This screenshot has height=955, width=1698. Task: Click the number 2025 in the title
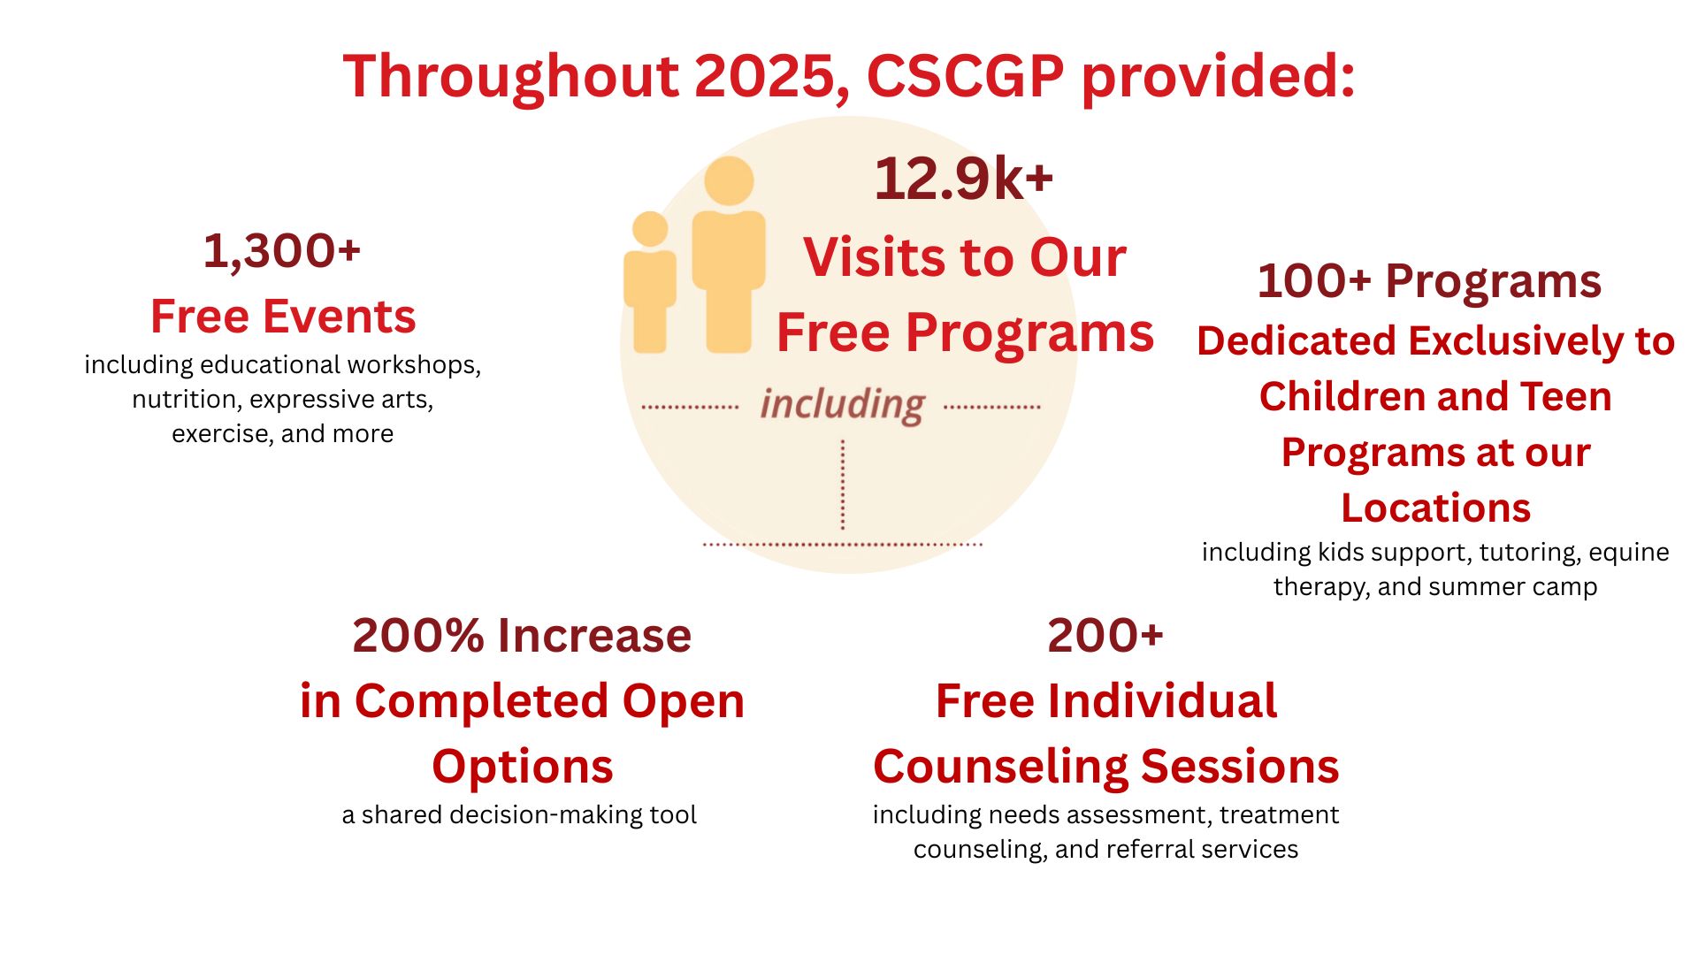coord(766,76)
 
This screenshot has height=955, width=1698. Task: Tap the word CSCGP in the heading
coord(965,76)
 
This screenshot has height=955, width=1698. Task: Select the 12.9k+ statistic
coord(963,179)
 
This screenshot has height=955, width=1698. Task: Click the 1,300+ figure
coord(282,251)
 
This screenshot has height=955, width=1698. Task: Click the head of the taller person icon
coord(729,181)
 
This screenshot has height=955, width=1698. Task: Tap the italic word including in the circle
coord(842,405)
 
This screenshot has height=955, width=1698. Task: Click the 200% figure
coord(418,636)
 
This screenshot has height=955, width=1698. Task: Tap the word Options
coord(523,767)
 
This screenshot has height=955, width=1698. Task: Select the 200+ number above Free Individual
coord(1105,636)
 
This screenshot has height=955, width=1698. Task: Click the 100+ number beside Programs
coord(1314,281)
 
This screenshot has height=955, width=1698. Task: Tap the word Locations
coord(1435,508)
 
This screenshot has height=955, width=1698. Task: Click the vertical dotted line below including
coord(843,485)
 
